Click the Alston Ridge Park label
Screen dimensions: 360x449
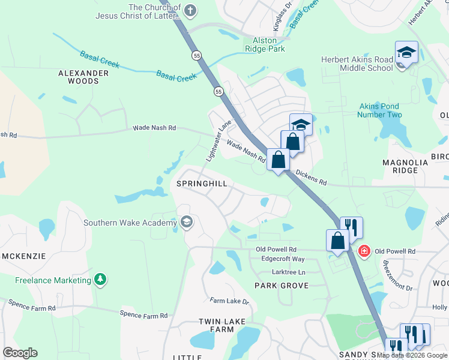(265, 44)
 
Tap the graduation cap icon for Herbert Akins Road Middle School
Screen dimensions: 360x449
(406, 53)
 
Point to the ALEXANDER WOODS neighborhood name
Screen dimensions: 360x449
(83, 77)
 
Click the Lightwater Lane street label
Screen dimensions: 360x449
(218, 140)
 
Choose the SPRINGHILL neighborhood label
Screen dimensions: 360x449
(202, 184)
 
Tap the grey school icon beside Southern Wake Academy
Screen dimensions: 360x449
(187, 223)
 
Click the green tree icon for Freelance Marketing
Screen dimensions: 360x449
(101, 280)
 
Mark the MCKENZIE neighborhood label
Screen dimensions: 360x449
(24, 256)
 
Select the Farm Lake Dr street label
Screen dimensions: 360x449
(229, 301)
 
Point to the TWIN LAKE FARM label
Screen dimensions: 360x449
(222, 325)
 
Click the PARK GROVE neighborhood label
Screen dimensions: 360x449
(281, 286)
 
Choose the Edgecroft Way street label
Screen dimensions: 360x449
(283, 259)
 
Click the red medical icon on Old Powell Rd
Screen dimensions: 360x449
(363, 250)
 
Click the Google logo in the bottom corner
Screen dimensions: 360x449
(20, 353)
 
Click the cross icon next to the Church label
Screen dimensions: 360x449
(190, 11)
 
